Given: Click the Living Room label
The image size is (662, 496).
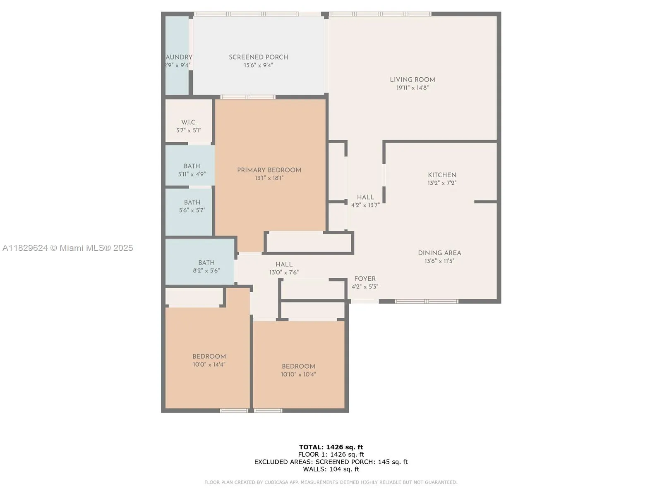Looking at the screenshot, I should pyautogui.click(x=412, y=80).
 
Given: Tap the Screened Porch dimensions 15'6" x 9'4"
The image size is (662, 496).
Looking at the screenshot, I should pyautogui.click(x=258, y=65).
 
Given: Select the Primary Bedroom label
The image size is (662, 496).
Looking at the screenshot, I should pyautogui.click(x=269, y=170).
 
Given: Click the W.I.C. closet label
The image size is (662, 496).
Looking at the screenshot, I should pyautogui.click(x=189, y=122).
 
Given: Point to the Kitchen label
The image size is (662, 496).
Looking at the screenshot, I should pyautogui.click(x=442, y=175).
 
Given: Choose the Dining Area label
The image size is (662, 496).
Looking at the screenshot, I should pyautogui.click(x=439, y=253).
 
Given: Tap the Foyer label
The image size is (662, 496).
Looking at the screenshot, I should pyautogui.click(x=365, y=279).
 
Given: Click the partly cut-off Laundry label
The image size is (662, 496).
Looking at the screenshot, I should pyautogui.click(x=178, y=57).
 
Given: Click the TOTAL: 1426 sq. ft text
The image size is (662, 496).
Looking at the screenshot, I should pyautogui.click(x=331, y=447).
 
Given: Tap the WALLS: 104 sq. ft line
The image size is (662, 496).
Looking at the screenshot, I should pyautogui.click(x=331, y=469).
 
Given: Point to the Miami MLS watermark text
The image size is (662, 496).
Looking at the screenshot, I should pyautogui.click(x=67, y=248).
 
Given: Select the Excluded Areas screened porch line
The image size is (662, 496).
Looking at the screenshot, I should pyautogui.click(x=331, y=462).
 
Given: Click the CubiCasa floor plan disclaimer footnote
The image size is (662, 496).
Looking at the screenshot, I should pyautogui.click(x=331, y=482).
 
